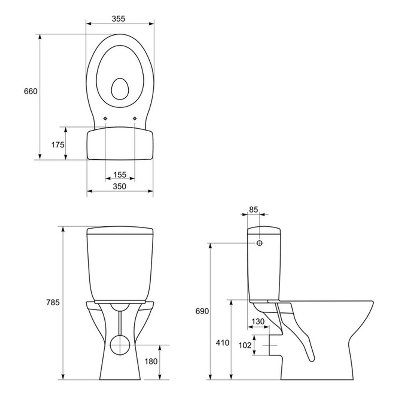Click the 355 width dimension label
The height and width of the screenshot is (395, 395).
pos(118,19)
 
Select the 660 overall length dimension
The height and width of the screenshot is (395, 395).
pos(31,91)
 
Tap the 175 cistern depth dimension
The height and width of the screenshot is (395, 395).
pos(58,145)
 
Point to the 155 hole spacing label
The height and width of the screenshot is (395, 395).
pos(120,175)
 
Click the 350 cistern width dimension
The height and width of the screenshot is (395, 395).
pos(119,186)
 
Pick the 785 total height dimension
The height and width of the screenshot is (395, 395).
pos(53,303)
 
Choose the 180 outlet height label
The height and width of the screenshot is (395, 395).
pos(151,361)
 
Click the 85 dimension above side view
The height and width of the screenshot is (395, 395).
pos(253,210)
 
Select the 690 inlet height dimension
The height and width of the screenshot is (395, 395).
pos(202,311)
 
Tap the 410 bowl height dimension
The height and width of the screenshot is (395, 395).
pos(223,343)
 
